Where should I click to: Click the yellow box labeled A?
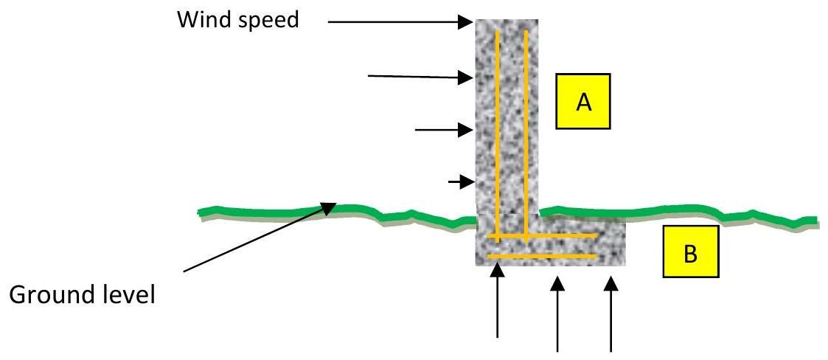pos(582,101)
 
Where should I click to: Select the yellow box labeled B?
pos(691,252)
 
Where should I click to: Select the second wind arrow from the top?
pos(420,77)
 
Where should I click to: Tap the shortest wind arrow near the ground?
pos(460,182)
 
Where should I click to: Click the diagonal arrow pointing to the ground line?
pos(260,238)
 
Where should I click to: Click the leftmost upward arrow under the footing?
pos(497,301)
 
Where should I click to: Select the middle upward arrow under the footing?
pos(557,314)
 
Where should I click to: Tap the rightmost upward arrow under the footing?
pos(611,314)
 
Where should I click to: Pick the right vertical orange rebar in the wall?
pos(526,136)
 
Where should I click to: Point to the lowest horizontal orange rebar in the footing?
pos(542,257)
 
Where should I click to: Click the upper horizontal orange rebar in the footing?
pos(542,236)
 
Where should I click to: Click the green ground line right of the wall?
pos(678,214)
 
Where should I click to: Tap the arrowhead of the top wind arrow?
pos(466,21)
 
